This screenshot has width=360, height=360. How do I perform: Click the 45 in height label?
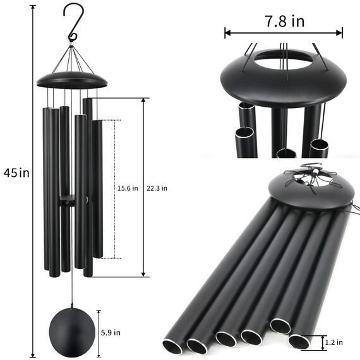[16, 172]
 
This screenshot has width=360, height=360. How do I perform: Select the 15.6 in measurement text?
[128, 188]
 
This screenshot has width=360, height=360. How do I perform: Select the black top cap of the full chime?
[72, 80]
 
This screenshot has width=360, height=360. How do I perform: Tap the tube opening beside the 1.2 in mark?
[299, 342]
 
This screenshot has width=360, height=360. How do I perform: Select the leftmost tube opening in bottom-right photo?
[172, 345]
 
